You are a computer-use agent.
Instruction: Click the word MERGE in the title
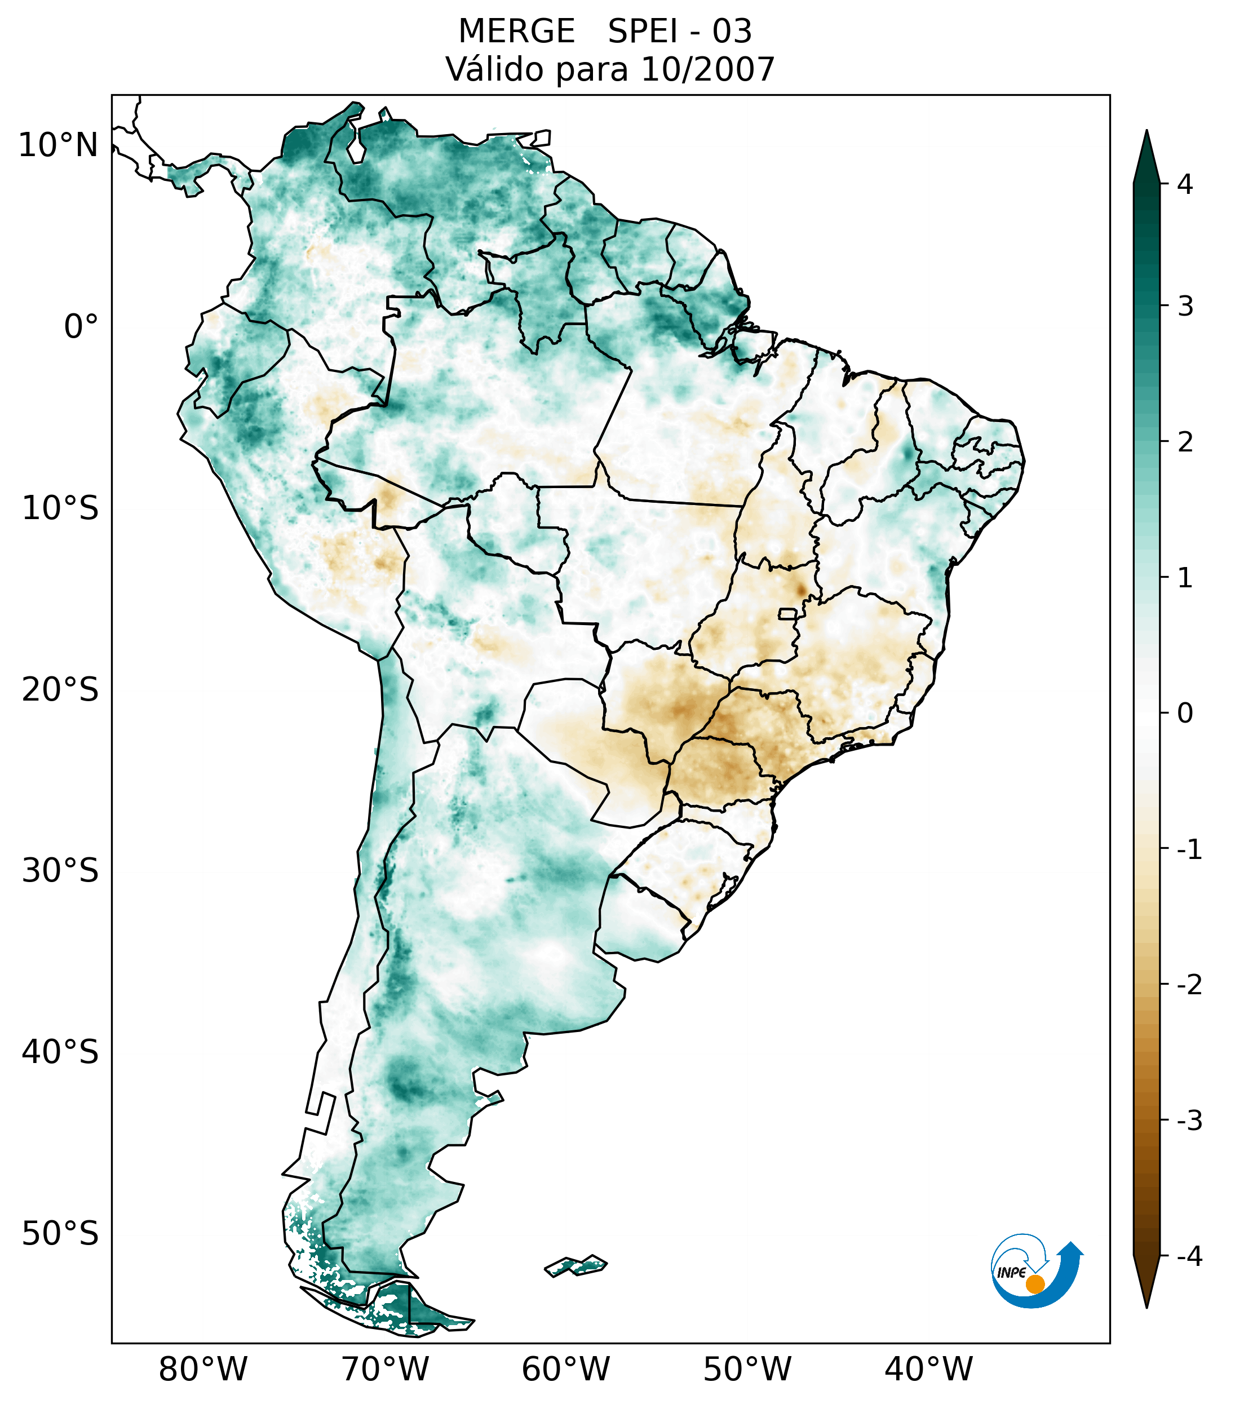click(x=516, y=32)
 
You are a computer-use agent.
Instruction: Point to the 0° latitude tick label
click(x=81, y=327)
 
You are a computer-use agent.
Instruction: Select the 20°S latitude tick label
click(x=60, y=690)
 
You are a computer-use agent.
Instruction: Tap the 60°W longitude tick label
click(x=565, y=1369)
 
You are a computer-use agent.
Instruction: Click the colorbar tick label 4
click(x=1185, y=184)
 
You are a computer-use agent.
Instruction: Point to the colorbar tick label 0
click(x=1185, y=714)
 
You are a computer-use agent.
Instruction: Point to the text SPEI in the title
click(x=643, y=32)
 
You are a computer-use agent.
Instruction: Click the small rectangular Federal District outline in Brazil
click(x=787, y=613)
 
